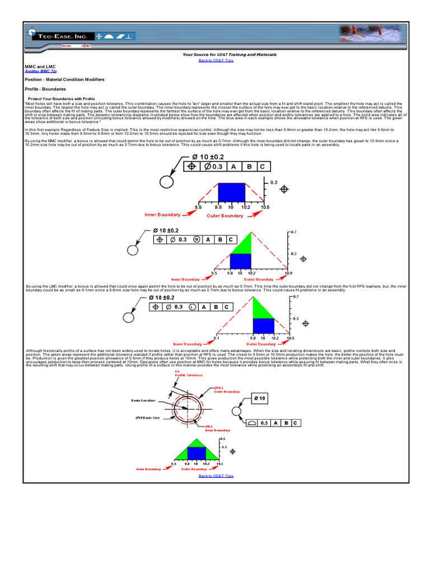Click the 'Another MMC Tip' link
click(x=40, y=72)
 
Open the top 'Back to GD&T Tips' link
click(x=216, y=60)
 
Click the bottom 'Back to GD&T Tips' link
click(x=216, y=476)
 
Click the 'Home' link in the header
click(x=66, y=46)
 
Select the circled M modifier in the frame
click(x=196, y=239)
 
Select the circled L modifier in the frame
click(x=192, y=307)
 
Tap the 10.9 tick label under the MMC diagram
click(x=288, y=273)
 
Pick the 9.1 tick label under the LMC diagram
click(x=217, y=339)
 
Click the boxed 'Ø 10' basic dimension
click(x=261, y=398)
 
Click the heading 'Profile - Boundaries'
click(x=45, y=88)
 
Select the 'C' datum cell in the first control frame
click(x=263, y=166)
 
